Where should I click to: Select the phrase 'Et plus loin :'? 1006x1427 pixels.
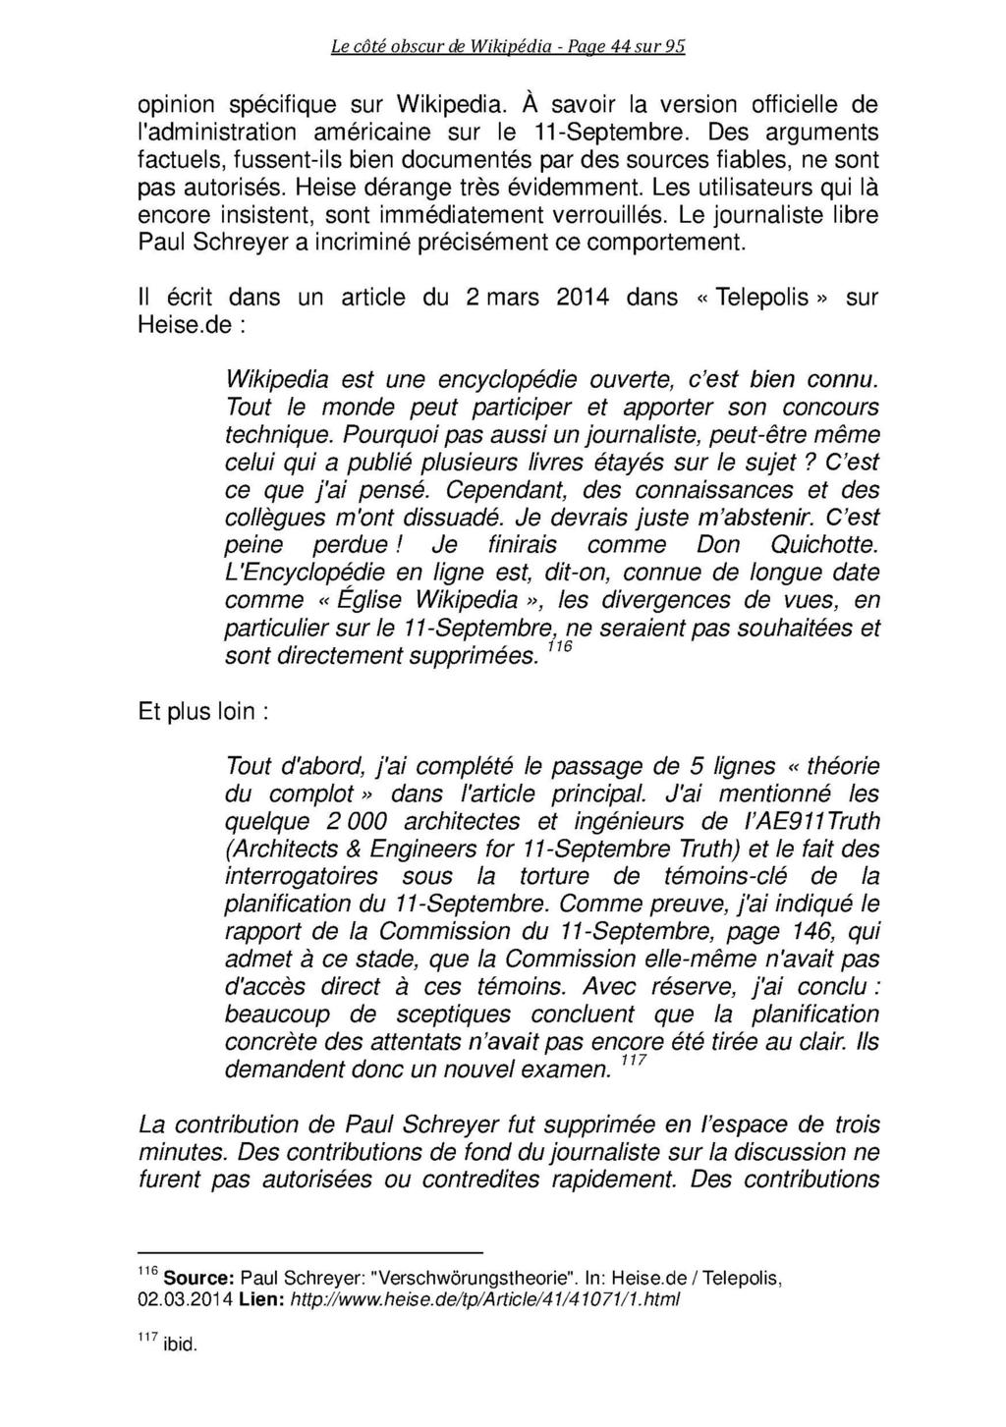[203, 712]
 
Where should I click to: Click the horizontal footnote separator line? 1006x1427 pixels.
[311, 1252]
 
